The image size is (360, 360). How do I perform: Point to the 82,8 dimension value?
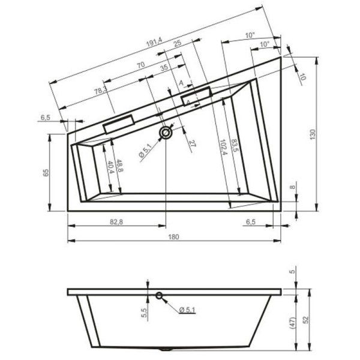[x=116, y=221]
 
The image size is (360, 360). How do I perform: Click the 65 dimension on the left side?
[x=46, y=173]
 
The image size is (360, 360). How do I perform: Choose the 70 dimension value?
[x=140, y=65]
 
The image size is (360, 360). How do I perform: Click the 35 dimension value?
[x=164, y=70]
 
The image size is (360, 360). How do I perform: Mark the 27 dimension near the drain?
[x=191, y=143]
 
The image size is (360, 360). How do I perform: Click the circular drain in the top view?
[x=165, y=132]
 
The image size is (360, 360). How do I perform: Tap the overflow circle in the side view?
[x=160, y=295]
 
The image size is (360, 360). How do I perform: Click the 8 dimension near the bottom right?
[x=292, y=188]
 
